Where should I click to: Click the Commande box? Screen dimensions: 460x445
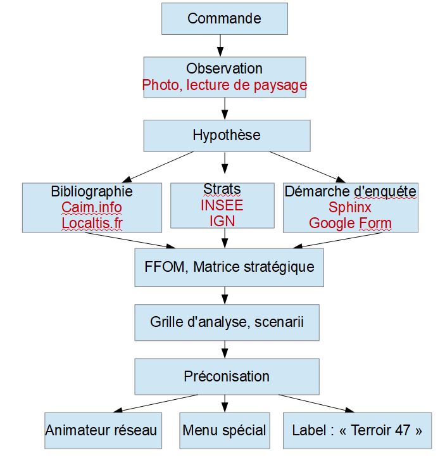click(x=224, y=18)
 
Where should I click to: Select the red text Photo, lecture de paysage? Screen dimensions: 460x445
click(x=225, y=85)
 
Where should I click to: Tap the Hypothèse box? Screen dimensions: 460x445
click(x=227, y=136)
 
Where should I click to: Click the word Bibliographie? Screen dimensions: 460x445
click(x=92, y=191)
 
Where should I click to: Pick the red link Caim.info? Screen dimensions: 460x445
click(x=92, y=207)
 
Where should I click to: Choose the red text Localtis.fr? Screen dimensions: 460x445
click(x=92, y=223)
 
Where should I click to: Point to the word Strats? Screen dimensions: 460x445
click(x=222, y=189)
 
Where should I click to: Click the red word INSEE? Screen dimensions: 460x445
click(x=222, y=205)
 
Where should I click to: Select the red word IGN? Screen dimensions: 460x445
click(x=222, y=220)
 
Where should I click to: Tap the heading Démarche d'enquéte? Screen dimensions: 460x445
click(x=350, y=191)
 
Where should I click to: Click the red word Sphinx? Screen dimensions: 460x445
click(x=350, y=207)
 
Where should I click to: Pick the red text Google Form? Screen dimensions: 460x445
click(x=350, y=223)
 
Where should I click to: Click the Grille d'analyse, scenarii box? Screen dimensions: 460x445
click(x=227, y=323)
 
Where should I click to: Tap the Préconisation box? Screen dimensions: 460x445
click(x=227, y=376)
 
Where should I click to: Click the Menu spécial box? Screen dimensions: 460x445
click(x=224, y=431)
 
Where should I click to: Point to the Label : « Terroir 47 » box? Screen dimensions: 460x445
click(x=357, y=431)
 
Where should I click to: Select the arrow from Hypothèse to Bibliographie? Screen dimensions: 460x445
click(x=158, y=167)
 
